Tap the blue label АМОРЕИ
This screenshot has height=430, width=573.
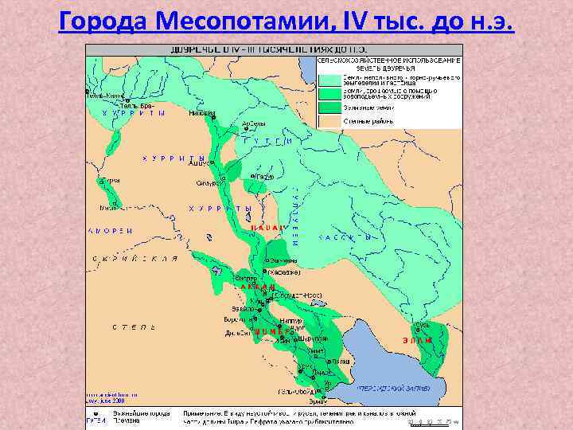[109, 231]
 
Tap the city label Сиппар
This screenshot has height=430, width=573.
[224, 279]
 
